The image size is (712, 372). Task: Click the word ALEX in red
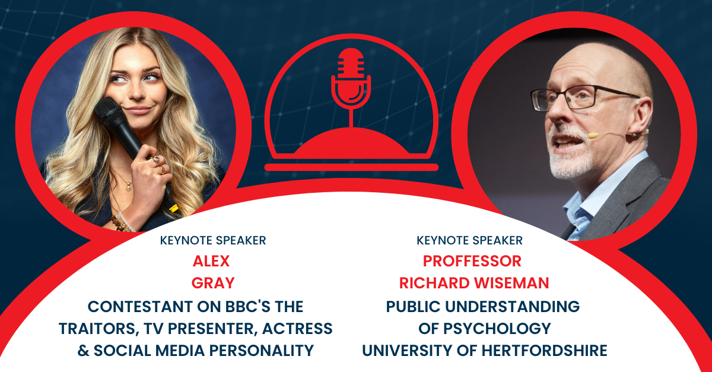[211, 262]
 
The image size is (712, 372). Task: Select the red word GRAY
[213, 283]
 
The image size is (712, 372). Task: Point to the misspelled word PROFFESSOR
[472, 262]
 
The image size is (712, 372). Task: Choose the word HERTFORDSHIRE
[544, 351]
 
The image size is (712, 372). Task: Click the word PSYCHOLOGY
[497, 329]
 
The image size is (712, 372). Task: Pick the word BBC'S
[247, 307]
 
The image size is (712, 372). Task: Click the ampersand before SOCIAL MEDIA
[83, 351]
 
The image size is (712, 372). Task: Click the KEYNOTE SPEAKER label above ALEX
[213, 241]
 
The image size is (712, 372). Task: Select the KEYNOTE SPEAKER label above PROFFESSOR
[469, 241]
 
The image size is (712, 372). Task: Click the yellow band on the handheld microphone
[173, 208]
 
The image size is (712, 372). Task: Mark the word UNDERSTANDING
[513, 307]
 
